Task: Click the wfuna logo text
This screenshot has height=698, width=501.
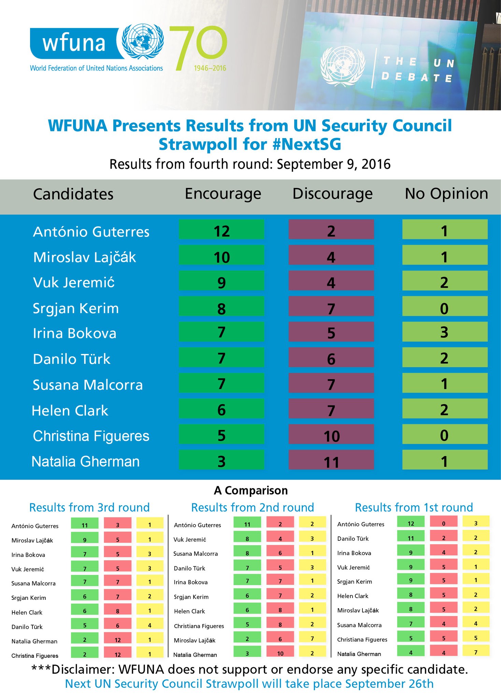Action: (x=74, y=43)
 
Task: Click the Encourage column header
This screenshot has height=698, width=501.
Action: (x=223, y=194)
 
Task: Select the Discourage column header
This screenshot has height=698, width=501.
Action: (x=332, y=194)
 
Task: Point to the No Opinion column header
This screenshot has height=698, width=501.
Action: (x=446, y=194)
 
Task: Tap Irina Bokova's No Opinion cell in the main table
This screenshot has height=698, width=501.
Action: (x=445, y=332)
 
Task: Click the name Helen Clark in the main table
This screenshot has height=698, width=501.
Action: (x=70, y=411)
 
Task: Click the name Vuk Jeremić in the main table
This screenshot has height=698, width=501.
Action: (x=74, y=283)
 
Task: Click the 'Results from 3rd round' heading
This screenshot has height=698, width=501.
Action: (x=89, y=507)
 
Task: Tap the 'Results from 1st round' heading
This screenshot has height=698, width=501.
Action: (x=414, y=507)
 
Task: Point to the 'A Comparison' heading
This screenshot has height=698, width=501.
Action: (x=251, y=491)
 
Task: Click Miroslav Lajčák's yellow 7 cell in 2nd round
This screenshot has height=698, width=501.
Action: (x=312, y=638)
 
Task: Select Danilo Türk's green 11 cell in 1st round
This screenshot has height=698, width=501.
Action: (x=411, y=538)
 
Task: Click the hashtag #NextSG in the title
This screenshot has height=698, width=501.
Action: (x=307, y=144)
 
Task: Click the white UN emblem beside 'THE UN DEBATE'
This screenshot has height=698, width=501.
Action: (x=342, y=65)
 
